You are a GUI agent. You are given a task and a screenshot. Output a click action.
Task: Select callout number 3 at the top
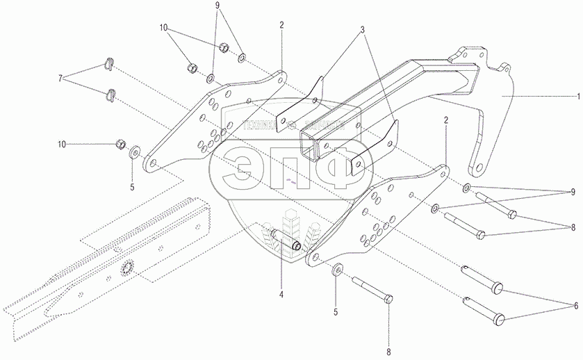pyautogui.click(x=362, y=31)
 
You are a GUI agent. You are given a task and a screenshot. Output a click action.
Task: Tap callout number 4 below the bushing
pyautogui.click(x=281, y=295)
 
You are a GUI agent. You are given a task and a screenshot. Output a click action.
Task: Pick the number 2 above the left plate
pyautogui.click(x=281, y=25)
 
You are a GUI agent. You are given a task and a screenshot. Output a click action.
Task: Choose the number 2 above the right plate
pyautogui.click(x=445, y=120)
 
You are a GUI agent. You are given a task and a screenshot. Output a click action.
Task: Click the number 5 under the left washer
pyautogui.click(x=133, y=186)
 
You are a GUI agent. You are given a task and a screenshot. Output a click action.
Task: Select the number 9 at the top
pyautogui.click(x=217, y=6)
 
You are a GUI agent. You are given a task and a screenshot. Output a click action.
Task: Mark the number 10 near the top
pyautogui.click(x=164, y=28)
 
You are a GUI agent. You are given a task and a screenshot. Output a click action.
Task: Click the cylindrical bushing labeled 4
pyautogui.click(x=287, y=240)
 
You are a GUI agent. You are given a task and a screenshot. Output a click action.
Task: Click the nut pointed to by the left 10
pyautogui.click(x=119, y=145)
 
